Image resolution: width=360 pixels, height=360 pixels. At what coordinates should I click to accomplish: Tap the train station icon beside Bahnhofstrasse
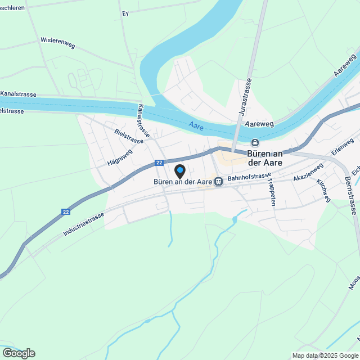pyautogui.click(x=218, y=181)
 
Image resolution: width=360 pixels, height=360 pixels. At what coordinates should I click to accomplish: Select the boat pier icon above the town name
pyautogui.click(x=255, y=143)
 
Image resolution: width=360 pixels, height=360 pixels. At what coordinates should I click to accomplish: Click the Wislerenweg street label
pyautogui.click(x=58, y=41)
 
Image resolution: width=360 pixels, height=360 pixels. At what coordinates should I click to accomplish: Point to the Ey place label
pyautogui.click(x=125, y=12)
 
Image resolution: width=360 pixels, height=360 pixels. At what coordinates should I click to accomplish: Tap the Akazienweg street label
pyautogui.click(x=308, y=172)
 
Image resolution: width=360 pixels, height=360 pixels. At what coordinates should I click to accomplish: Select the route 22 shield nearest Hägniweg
pyautogui.click(x=160, y=163)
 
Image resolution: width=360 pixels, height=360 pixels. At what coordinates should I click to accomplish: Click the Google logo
pyautogui.click(x=19, y=353)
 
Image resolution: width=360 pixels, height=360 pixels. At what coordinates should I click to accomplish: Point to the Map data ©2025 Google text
pyautogui.click(x=325, y=355)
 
